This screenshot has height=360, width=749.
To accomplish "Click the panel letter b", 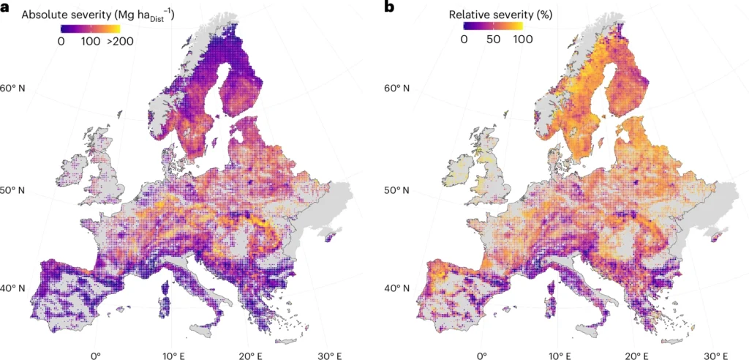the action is (389, 7).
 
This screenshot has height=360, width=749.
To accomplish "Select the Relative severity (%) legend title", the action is (500, 15).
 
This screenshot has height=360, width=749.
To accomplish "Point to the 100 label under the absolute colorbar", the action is (90, 42).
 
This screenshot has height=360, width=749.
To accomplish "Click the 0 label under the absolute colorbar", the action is (61, 42).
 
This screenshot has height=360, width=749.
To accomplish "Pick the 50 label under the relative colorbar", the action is (494, 40).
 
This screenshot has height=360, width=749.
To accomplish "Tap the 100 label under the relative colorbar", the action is (523, 40).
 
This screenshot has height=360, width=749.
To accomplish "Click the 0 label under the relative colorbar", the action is (464, 40).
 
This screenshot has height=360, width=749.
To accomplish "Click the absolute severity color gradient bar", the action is (91, 30).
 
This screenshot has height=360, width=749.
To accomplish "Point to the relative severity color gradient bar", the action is (493, 27).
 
